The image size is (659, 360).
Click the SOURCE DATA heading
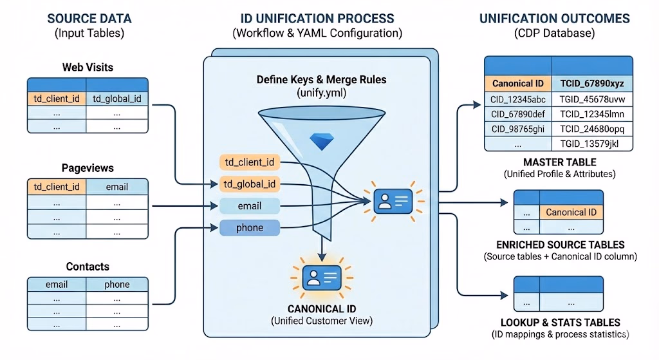point(89,18)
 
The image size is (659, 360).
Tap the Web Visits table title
point(88,67)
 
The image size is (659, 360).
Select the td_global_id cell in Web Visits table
point(116,99)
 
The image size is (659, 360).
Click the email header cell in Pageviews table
point(116,187)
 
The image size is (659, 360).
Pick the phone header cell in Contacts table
point(116,284)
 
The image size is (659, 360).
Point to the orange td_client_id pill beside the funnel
point(250,162)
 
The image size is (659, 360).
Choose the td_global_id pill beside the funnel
point(250,184)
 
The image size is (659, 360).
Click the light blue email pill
point(250,206)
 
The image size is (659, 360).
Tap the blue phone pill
point(250,227)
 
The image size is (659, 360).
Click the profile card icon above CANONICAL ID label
point(320,278)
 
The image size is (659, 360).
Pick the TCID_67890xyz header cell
point(592,83)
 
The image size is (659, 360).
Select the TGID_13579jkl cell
point(592,143)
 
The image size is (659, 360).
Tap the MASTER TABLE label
point(559,162)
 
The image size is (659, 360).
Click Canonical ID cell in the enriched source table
point(571,212)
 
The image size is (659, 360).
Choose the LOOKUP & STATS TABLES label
point(560,322)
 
